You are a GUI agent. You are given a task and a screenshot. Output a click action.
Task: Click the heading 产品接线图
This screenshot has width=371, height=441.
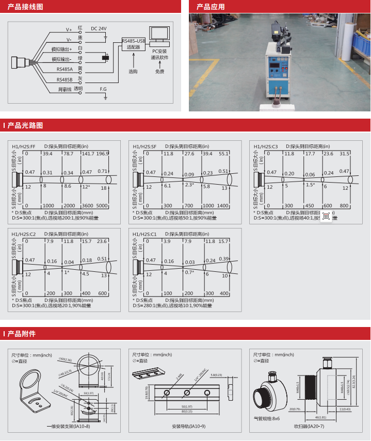pos(25,7)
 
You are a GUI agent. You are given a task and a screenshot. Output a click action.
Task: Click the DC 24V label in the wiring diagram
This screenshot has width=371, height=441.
pos(99,28)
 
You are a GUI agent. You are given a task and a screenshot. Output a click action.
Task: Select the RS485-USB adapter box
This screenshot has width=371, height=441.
pos(134,43)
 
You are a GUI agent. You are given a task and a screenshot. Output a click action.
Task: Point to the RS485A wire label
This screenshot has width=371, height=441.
pos(64,69)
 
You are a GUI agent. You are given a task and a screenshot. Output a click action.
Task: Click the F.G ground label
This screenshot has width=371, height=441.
pos(103,89)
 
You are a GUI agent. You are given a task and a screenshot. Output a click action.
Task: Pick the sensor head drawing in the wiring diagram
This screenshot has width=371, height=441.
pos(21,61)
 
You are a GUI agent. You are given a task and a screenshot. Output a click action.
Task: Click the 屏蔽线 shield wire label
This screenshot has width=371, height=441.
pos(64,90)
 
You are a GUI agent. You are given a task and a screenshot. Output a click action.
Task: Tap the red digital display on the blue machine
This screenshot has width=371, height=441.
pos(277,67)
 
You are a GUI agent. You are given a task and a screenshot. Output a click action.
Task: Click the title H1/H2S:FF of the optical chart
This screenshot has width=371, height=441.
pos(24,146)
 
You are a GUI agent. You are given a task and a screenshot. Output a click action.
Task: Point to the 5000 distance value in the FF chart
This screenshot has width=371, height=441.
pos(102,206)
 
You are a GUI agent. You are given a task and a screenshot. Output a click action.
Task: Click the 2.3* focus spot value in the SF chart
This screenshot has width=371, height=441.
pos(189,185)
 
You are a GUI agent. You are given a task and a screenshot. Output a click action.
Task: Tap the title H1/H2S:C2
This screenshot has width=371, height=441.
pos(24,234)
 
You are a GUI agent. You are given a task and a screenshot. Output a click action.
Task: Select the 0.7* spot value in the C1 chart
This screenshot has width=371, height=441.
pos(189,272)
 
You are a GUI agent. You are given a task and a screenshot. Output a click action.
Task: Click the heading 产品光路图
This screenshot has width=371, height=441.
pos(25,125)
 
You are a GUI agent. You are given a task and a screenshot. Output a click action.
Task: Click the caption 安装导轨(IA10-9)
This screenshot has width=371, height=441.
pos(188,427)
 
